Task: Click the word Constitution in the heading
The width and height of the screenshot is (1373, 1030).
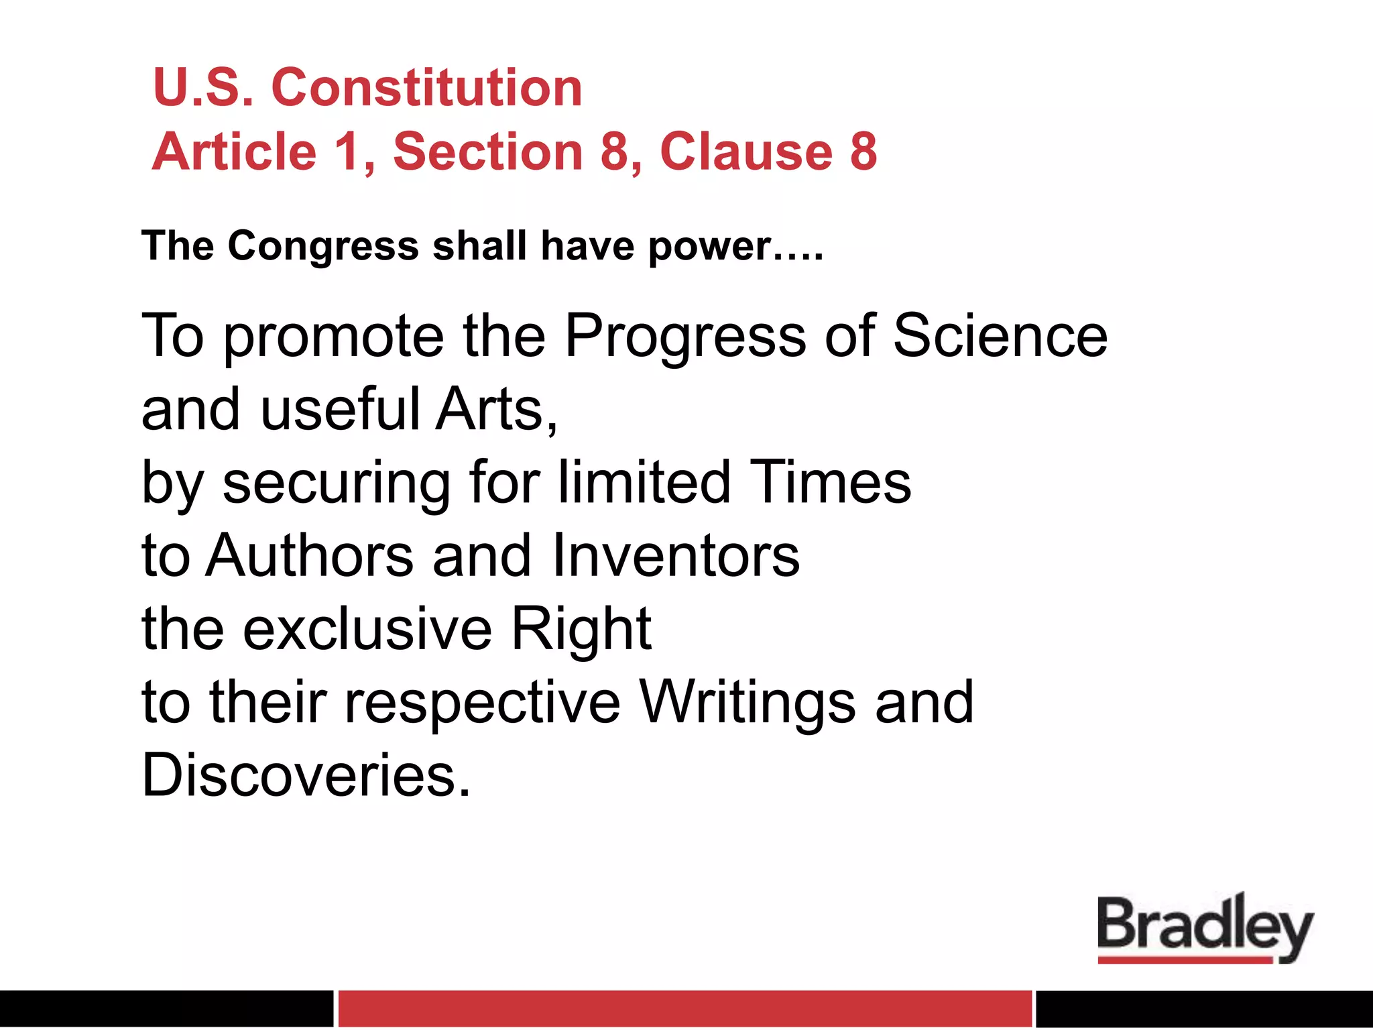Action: click(426, 88)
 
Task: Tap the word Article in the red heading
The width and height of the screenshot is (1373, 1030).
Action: click(234, 152)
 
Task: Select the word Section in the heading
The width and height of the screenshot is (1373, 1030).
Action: click(488, 152)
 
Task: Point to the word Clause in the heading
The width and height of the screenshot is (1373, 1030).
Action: click(746, 152)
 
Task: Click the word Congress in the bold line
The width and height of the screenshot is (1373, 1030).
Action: click(323, 246)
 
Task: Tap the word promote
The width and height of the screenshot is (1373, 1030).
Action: click(333, 337)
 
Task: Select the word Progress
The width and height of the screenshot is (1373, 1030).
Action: click(685, 337)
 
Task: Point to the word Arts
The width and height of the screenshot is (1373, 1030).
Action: click(494, 410)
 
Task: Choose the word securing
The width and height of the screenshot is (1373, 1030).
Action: click(337, 484)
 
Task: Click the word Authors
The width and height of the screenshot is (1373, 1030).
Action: click(310, 556)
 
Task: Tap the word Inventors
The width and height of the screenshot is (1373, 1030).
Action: click(676, 556)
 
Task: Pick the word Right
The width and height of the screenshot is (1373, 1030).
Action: click(581, 631)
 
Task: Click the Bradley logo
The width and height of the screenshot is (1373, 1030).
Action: click(1205, 928)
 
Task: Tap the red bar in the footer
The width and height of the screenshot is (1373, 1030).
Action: click(684, 1009)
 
